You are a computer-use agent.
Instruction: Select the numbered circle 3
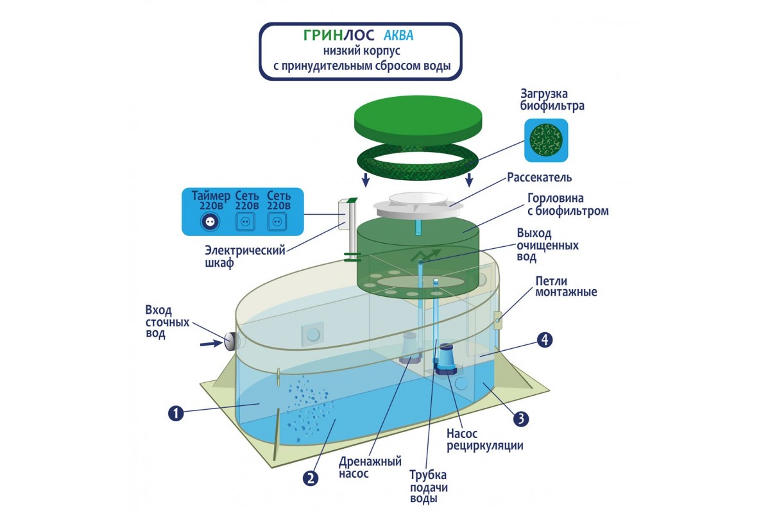(520, 419)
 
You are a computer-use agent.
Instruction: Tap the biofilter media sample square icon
(546, 140)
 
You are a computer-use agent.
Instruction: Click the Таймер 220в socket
(210, 221)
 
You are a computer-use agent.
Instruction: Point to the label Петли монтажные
(567, 287)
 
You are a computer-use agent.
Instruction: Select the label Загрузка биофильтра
(553, 99)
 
